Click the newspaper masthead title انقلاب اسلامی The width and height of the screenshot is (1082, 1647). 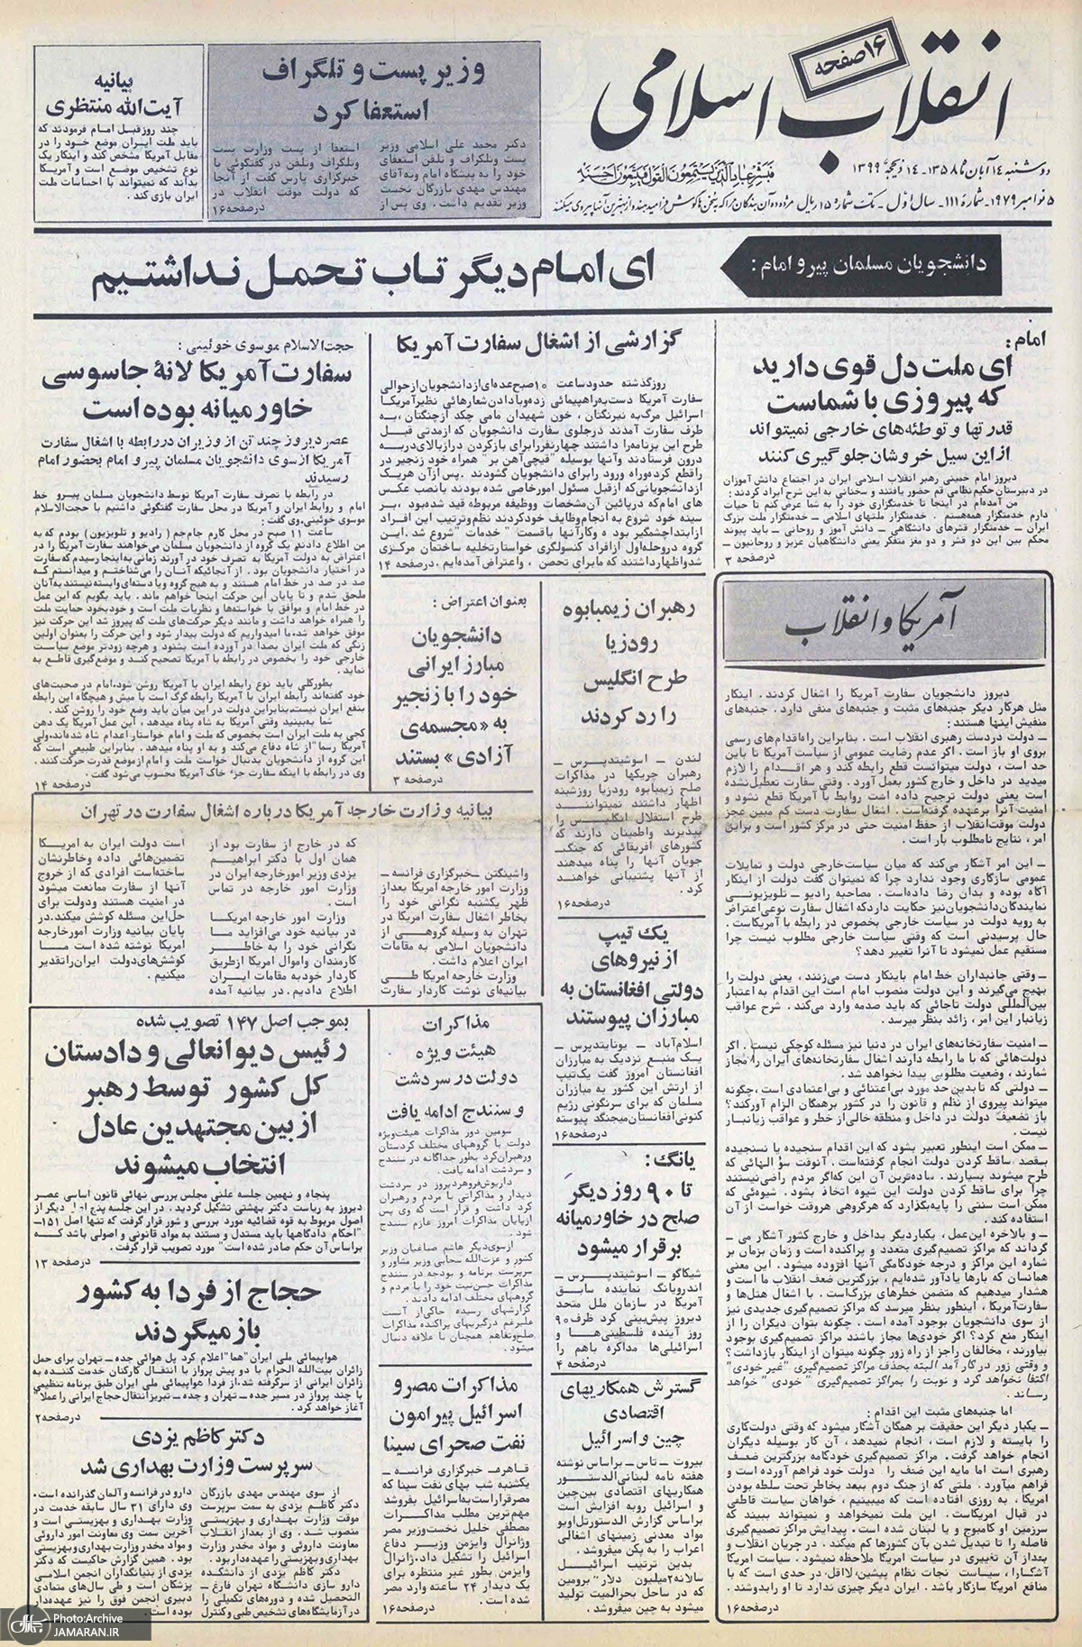[x=811, y=108]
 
